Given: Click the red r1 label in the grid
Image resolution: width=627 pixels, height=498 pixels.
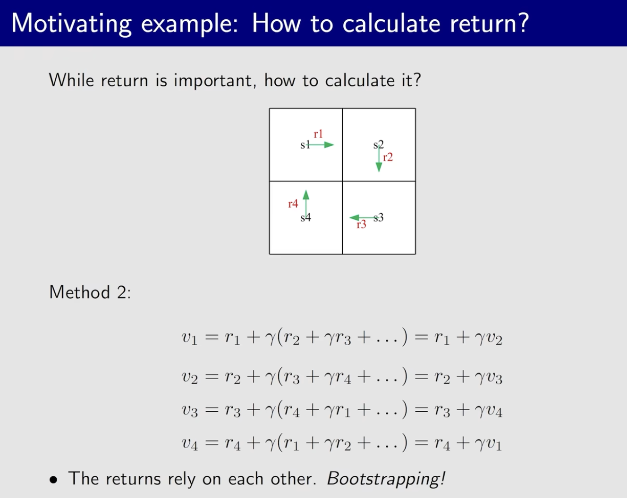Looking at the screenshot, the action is point(318,134).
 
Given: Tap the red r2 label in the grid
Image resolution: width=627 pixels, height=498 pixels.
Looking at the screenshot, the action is point(388,158).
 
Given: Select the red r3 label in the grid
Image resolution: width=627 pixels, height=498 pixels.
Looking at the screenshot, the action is point(361,224).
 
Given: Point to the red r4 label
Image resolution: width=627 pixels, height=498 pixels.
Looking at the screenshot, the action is point(293,204).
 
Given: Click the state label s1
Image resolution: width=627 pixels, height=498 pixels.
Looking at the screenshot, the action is point(305,145).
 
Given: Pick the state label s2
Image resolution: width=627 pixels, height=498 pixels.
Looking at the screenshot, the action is point(379,145).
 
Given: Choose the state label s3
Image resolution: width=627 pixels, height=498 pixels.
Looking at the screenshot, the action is point(379,217).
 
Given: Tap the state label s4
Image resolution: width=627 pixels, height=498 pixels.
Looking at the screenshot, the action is point(305,217).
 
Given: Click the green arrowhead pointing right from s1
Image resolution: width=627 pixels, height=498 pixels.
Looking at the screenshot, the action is point(329,145).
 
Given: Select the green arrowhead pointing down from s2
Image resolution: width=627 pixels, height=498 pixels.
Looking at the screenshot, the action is point(379,167).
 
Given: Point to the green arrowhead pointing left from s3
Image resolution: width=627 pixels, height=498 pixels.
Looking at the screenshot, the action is point(354,217).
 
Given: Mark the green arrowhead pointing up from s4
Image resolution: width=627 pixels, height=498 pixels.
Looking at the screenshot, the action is point(306,195).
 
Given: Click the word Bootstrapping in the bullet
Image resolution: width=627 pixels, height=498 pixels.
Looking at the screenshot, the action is point(386,479).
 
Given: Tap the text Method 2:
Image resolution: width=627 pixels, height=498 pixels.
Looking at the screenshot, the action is point(90,292).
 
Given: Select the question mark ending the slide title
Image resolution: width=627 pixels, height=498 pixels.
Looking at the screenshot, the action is point(522,23).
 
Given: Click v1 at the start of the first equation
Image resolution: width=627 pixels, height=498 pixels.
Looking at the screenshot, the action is point(189,338).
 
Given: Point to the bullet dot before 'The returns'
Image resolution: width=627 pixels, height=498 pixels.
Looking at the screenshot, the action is point(53,480).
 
